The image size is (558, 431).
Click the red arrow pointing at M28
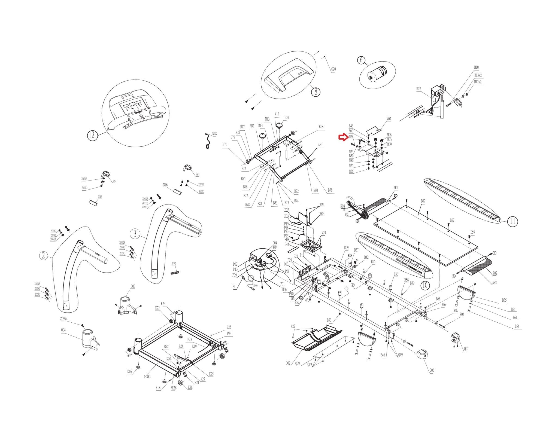pos(342,137)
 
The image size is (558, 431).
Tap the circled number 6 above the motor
pos(361,60)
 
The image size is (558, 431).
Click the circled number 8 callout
pos(316,92)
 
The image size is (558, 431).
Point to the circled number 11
pos(513,221)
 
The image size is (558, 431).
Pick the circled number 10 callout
pos(425,285)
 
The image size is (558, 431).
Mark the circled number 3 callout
pos(135,233)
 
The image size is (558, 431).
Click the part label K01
pos(148,377)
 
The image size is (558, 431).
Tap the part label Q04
pos(63,330)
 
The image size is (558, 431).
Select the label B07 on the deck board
pos(423,201)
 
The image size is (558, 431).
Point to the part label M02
pos(418,89)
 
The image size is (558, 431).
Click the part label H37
pos(287,117)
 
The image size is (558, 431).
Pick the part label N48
pos(215,134)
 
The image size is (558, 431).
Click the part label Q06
pos(432,370)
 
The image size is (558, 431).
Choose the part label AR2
pos(494,283)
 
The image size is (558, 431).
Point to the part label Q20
pos(333,69)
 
